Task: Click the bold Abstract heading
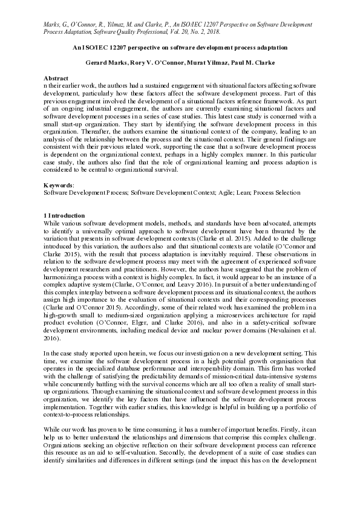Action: [x=54, y=79]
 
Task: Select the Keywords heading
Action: [x=58, y=184]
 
